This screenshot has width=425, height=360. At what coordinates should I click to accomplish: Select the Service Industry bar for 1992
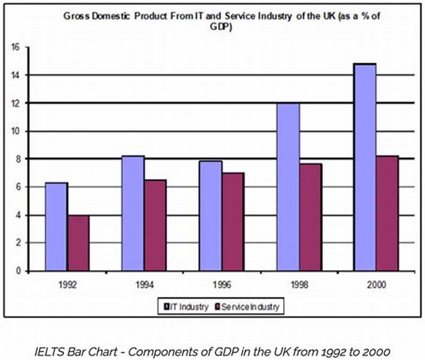79,243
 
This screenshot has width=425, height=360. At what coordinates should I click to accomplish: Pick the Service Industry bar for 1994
155,225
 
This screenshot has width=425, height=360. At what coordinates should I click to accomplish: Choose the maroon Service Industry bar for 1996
232,221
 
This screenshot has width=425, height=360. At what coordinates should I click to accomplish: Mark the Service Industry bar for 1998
310,217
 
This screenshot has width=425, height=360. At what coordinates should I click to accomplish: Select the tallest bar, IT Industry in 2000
364,167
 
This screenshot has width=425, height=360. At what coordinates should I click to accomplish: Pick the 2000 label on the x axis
376,285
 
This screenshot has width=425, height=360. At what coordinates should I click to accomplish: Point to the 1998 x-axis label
299,285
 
